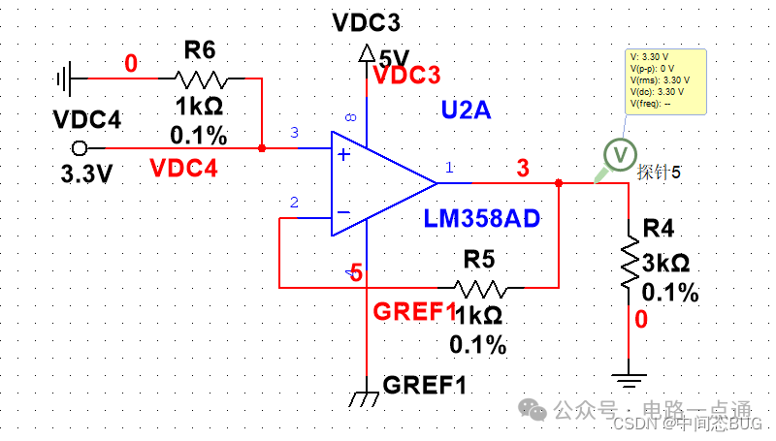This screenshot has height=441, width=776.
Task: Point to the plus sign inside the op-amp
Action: click(x=342, y=154)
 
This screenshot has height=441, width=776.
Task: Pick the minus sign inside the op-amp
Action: click(x=342, y=210)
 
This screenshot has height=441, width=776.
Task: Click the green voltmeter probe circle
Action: click(x=616, y=153)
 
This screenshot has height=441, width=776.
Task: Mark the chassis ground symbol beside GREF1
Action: click(x=367, y=395)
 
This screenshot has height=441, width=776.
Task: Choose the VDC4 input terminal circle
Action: click(x=80, y=148)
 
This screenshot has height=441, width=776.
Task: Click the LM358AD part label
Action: click(x=481, y=218)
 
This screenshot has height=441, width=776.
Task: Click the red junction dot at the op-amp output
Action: click(x=559, y=182)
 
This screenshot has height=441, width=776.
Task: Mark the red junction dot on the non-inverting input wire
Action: click(x=262, y=148)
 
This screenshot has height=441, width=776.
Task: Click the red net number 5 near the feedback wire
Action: click(x=356, y=274)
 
